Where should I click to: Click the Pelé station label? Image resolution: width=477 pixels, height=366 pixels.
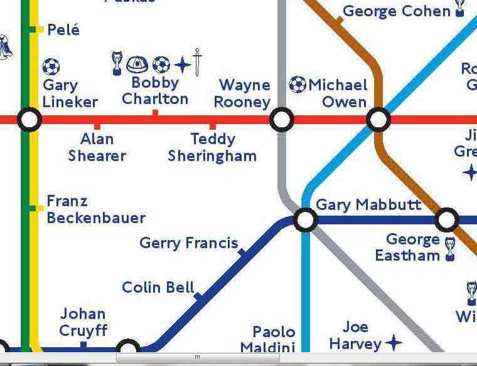click(x=63, y=29)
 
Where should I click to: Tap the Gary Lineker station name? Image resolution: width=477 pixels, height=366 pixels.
click(x=70, y=94)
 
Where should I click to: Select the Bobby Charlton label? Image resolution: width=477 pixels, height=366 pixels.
click(x=155, y=91)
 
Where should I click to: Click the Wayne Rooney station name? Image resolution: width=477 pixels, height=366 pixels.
click(x=244, y=93)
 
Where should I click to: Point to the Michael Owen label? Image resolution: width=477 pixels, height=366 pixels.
click(x=338, y=93)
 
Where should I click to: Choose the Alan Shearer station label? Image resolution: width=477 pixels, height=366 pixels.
click(x=97, y=147)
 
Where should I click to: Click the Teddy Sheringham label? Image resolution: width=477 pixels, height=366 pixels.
click(x=212, y=147)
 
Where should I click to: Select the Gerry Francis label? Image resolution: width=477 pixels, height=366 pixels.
click(x=188, y=243)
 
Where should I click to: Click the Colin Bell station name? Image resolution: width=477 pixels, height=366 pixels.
click(x=158, y=288)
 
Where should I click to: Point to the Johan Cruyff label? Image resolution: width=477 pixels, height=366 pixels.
click(x=83, y=322)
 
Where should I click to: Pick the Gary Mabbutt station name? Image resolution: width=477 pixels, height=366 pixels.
click(x=368, y=205)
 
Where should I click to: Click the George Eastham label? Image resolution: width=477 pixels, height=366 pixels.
click(x=407, y=248)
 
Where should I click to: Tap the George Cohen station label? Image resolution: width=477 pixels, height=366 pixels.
click(x=397, y=11)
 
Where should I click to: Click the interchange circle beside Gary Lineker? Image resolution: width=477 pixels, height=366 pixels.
click(x=29, y=119)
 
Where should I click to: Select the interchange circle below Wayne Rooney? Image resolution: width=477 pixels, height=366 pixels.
click(x=282, y=119)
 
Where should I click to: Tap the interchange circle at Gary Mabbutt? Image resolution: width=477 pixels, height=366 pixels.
click(x=306, y=219)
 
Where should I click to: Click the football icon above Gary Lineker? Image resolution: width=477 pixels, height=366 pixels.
click(x=51, y=66)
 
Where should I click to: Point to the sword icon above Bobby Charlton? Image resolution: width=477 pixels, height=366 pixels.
click(x=197, y=62)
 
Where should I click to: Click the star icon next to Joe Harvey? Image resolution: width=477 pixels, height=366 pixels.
click(x=394, y=342)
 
